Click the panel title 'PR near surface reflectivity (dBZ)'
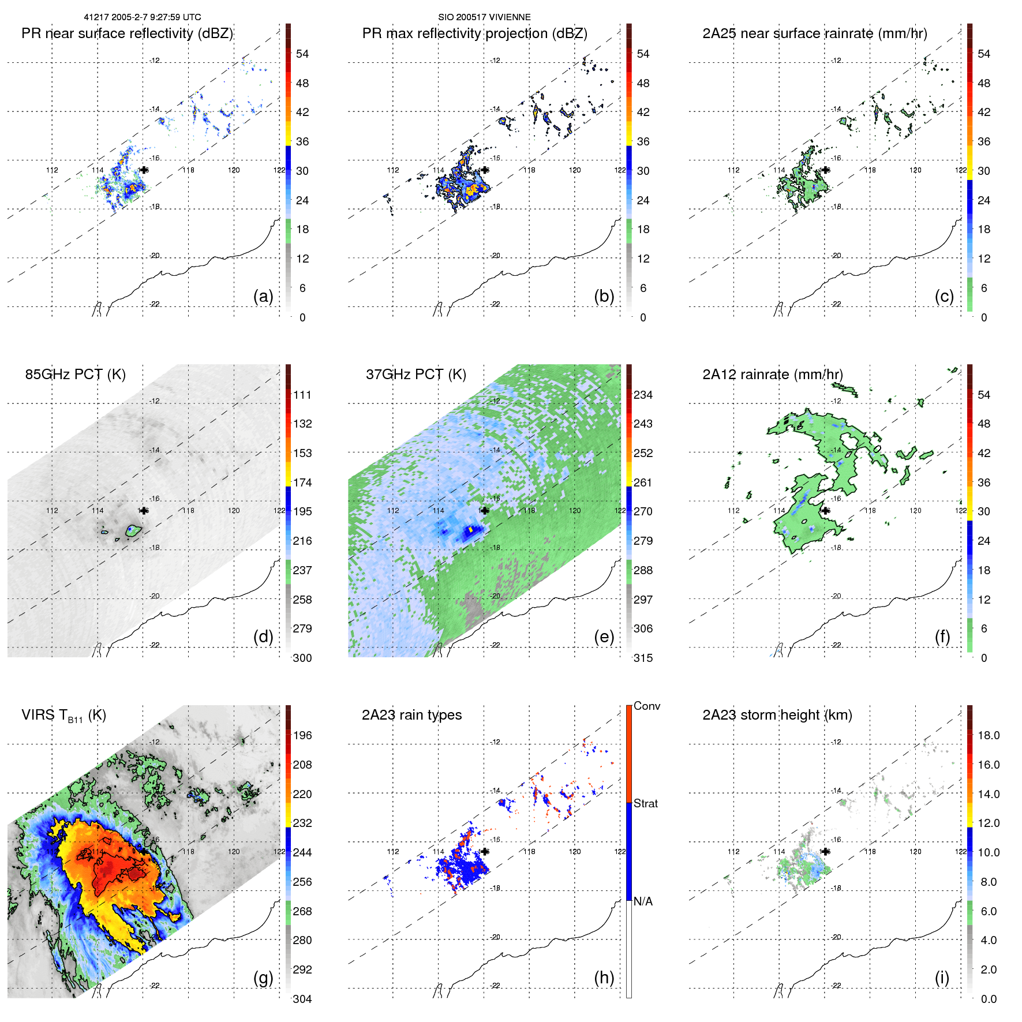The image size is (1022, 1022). point(127,33)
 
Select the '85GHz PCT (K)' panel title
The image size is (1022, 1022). point(75,375)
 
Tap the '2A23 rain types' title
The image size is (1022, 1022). point(411,715)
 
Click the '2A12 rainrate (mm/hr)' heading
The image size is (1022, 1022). point(772,375)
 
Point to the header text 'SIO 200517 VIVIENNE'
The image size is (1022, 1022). point(484,17)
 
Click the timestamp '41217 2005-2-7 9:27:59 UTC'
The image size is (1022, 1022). point(143,17)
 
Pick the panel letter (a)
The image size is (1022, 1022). point(263,296)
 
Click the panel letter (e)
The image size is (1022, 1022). point(604,637)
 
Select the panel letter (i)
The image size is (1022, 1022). point(942,978)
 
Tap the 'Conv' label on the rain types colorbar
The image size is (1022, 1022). point(646,706)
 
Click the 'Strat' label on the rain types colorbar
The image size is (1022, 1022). point(645,803)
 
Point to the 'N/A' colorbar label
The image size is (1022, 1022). point(643,901)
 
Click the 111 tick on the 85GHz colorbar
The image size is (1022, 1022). point(302,395)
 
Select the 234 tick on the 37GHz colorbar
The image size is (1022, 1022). point(643,395)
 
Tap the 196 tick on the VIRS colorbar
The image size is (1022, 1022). point(302,735)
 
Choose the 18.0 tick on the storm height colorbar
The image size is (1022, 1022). point(988,735)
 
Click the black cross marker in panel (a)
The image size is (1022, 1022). point(144,170)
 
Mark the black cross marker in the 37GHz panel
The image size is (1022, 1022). point(485,511)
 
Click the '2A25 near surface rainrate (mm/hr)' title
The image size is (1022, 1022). point(814,33)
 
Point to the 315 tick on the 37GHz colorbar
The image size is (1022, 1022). point(643,658)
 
